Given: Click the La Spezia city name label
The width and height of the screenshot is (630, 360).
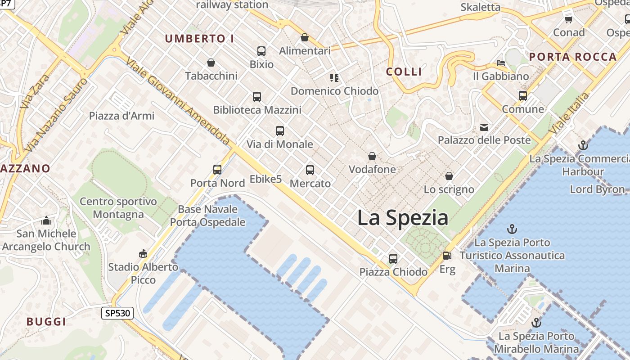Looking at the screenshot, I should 403,218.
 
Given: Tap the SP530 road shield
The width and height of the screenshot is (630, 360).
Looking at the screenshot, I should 117,313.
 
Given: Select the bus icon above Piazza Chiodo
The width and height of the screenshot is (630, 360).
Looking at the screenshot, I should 393,259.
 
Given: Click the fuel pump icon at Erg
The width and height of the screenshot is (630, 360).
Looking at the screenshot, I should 447,256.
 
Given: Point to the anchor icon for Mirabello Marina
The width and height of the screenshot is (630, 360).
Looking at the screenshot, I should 536,323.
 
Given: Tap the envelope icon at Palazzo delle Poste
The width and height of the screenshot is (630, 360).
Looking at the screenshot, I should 484,127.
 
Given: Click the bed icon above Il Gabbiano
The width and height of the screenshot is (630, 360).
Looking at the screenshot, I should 501,63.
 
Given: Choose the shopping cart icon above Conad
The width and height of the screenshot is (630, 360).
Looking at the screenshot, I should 568,19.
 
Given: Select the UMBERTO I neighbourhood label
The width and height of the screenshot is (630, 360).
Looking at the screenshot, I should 199,39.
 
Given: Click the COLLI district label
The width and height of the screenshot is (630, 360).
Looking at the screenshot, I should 404,72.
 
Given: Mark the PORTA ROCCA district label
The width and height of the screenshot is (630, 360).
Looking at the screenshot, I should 572,57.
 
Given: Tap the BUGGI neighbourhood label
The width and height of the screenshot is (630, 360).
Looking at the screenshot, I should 46,322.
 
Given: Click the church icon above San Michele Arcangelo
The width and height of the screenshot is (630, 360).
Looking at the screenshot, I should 46,220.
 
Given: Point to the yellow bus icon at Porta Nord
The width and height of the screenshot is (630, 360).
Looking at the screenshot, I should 217,170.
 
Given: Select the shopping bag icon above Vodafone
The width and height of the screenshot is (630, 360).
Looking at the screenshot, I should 372,157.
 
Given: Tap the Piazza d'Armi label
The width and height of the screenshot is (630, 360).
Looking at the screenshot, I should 121,116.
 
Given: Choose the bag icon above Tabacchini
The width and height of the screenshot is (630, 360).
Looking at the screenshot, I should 211,63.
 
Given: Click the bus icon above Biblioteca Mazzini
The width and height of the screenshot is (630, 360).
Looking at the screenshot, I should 256,97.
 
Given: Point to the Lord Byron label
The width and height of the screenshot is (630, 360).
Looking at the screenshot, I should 597,189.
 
